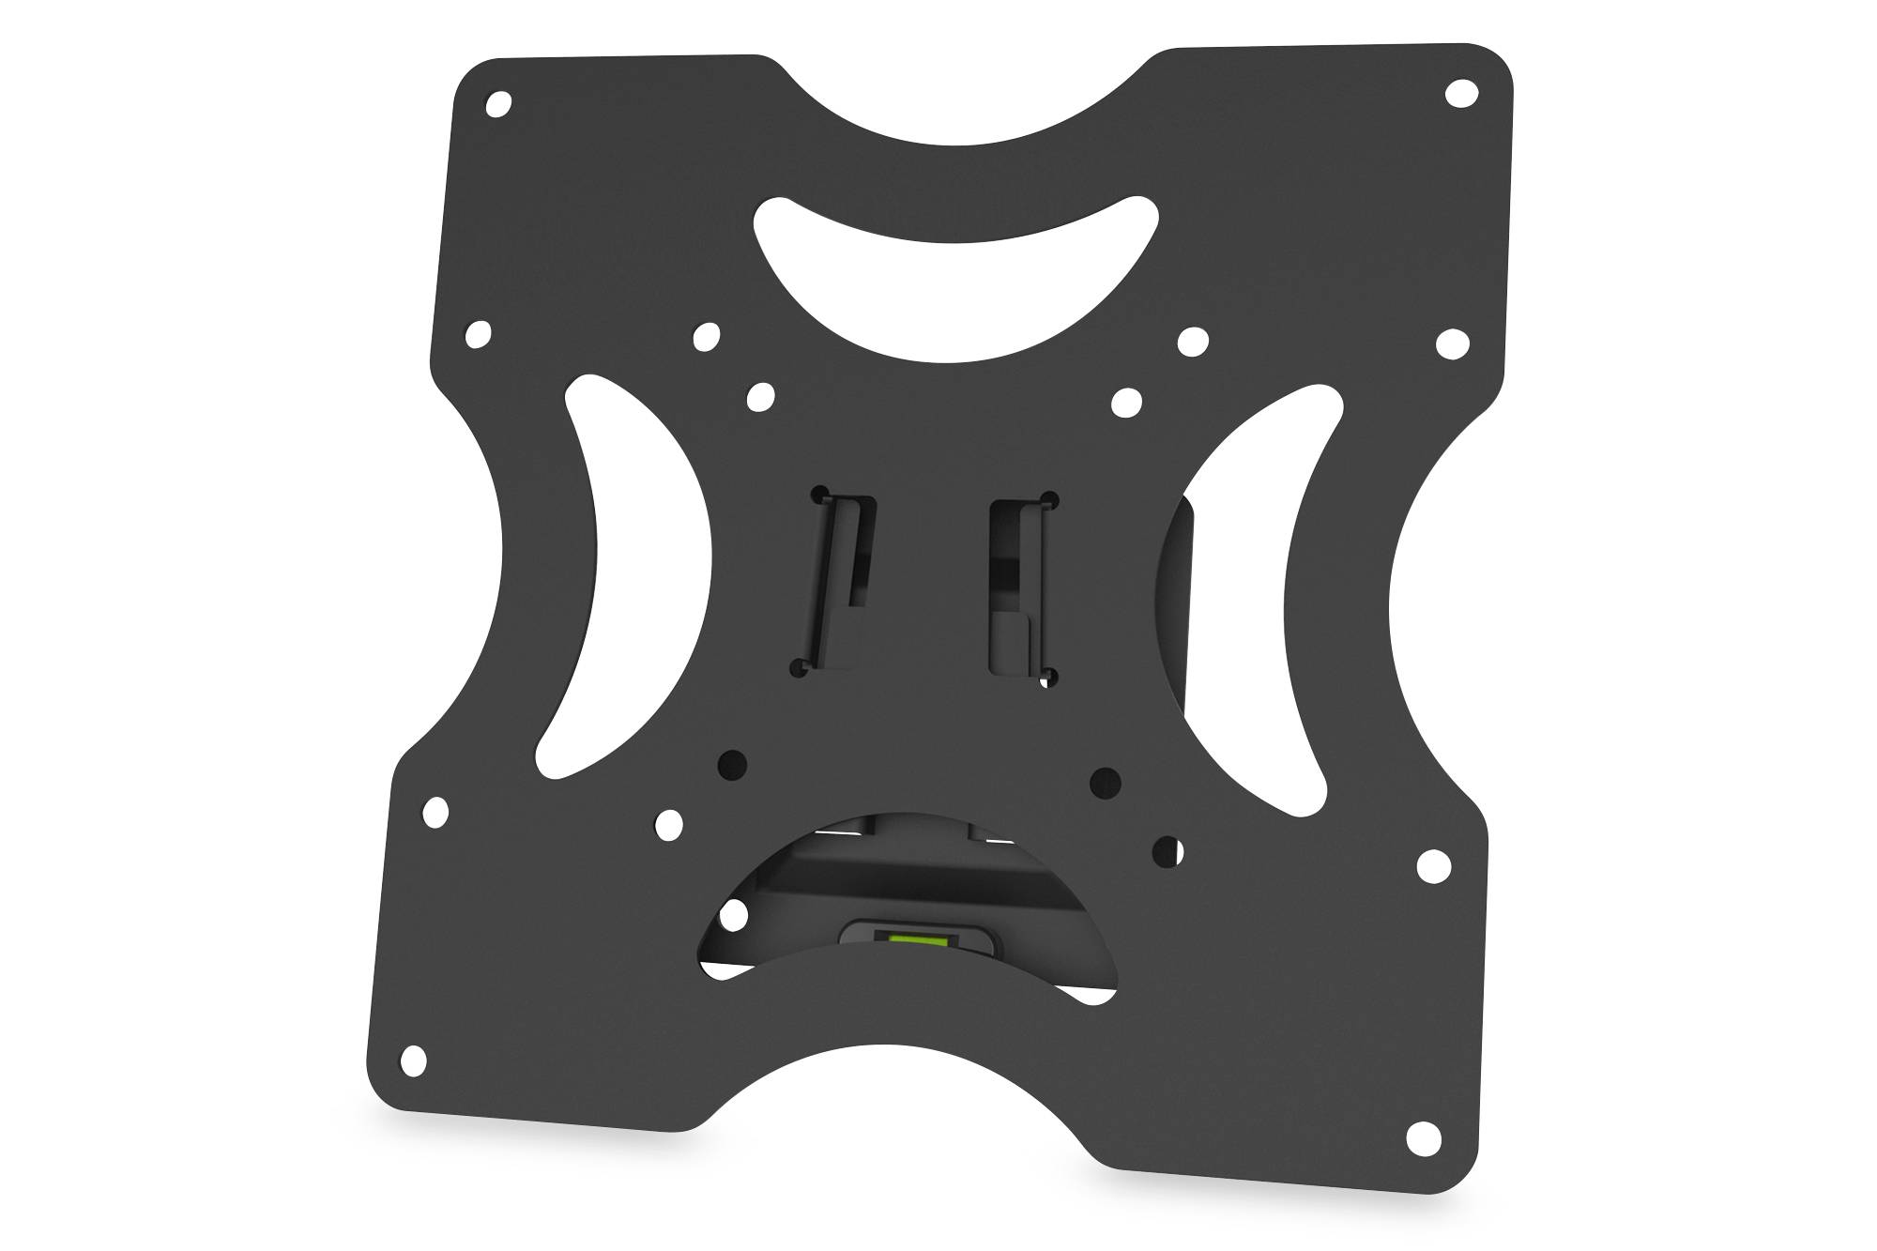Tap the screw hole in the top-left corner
point(499,103)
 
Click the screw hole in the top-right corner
point(1460,94)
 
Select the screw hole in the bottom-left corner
point(413,1061)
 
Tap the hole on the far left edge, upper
point(478,332)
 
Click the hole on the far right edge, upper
point(1452,344)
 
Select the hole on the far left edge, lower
point(435,812)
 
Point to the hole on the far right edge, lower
point(1433,865)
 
